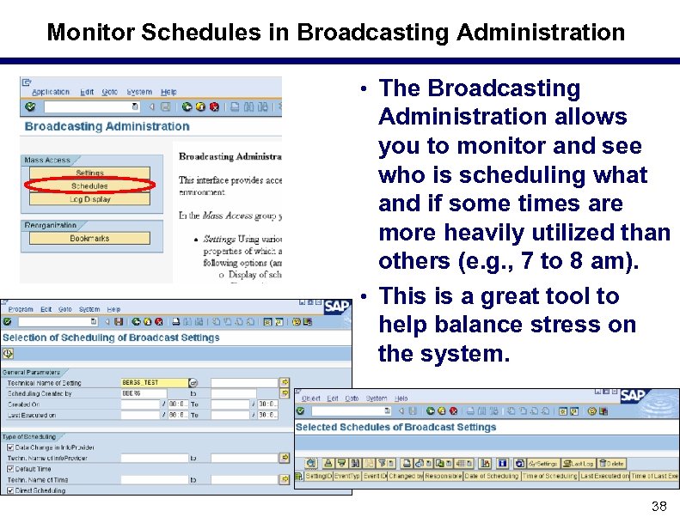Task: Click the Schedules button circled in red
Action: pos(89,185)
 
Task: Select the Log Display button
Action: pos(89,199)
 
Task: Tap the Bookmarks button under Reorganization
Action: pos(89,238)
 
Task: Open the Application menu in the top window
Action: pos(51,92)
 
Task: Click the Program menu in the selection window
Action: pos(21,309)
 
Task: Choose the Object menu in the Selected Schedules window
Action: pos(310,398)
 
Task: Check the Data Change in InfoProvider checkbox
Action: pos(8,447)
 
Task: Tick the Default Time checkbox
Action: pos(8,469)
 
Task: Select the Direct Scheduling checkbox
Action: pos(8,490)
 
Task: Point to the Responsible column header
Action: pos(442,476)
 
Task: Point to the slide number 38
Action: pos(659,507)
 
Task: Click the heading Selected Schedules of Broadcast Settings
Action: pos(395,427)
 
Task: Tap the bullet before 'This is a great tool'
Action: pos(365,297)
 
